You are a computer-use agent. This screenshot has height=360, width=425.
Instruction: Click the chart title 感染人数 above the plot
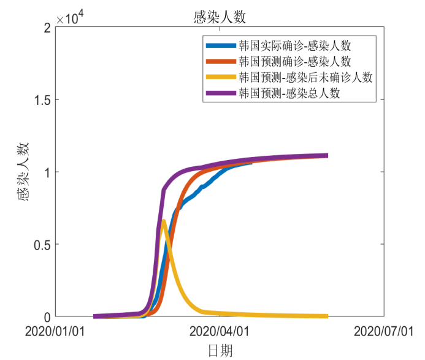219,17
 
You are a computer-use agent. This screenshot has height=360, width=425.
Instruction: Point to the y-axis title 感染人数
23,172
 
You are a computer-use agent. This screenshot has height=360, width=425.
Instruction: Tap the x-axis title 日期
220,350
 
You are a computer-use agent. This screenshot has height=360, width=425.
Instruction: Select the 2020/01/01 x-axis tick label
55,331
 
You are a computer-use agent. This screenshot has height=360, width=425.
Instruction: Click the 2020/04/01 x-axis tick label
220,331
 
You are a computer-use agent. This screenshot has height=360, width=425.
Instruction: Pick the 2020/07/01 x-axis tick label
384,331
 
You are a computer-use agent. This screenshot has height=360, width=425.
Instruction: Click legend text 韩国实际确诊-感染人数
295,45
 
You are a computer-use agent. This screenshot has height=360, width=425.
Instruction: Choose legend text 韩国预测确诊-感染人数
295,61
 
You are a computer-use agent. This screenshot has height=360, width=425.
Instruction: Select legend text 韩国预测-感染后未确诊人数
305,77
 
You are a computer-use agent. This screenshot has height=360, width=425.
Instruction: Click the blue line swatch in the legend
220,45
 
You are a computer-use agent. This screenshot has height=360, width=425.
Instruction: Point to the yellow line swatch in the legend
220,77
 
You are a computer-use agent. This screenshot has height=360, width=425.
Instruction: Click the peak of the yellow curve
163,221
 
